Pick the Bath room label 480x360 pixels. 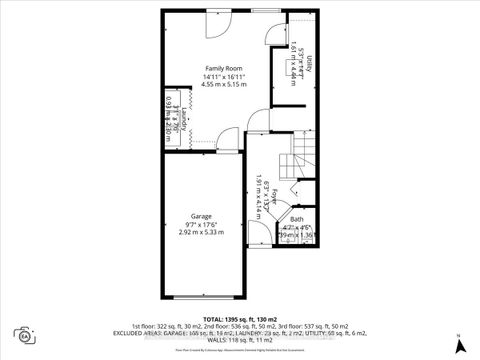(296, 220)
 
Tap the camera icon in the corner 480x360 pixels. (22, 334)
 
